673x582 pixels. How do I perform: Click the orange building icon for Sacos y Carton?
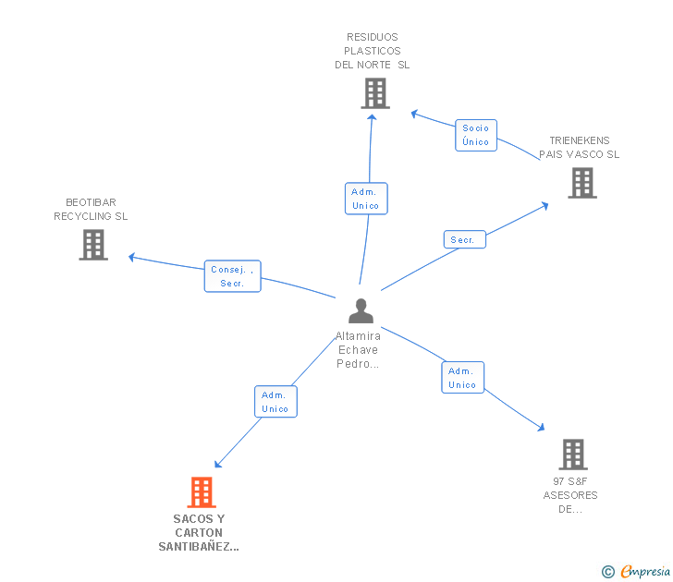(x=202, y=492)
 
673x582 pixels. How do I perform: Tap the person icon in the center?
(x=361, y=311)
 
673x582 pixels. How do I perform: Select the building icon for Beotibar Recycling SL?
(x=93, y=245)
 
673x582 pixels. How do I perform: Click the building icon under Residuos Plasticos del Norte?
(x=375, y=93)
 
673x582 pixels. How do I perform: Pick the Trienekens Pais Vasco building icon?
(x=582, y=183)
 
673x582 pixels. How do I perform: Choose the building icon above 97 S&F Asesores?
(x=573, y=455)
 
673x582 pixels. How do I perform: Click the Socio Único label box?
(x=476, y=135)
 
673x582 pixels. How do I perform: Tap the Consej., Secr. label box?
(x=233, y=276)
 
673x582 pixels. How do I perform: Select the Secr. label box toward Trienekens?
(x=465, y=239)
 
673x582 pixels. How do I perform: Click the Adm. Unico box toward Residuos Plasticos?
(x=366, y=199)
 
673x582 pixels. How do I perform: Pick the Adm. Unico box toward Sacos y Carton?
(x=275, y=402)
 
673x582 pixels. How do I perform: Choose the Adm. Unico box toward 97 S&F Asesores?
(x=462, y=378)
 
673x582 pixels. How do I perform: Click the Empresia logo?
(x=645, y=571)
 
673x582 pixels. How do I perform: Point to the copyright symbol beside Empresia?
(x=607, y=572)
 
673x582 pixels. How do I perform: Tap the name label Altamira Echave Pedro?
(x=358, y=349)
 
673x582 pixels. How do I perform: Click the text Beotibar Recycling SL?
(x=91, y=209)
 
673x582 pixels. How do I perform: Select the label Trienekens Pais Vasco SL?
(x=580, y=147)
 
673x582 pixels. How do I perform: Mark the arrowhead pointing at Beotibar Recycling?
(x=132, y=257)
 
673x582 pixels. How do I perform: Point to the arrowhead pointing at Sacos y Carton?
(x=217, y=465)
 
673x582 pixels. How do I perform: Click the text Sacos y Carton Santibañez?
(x=199, y=533)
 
